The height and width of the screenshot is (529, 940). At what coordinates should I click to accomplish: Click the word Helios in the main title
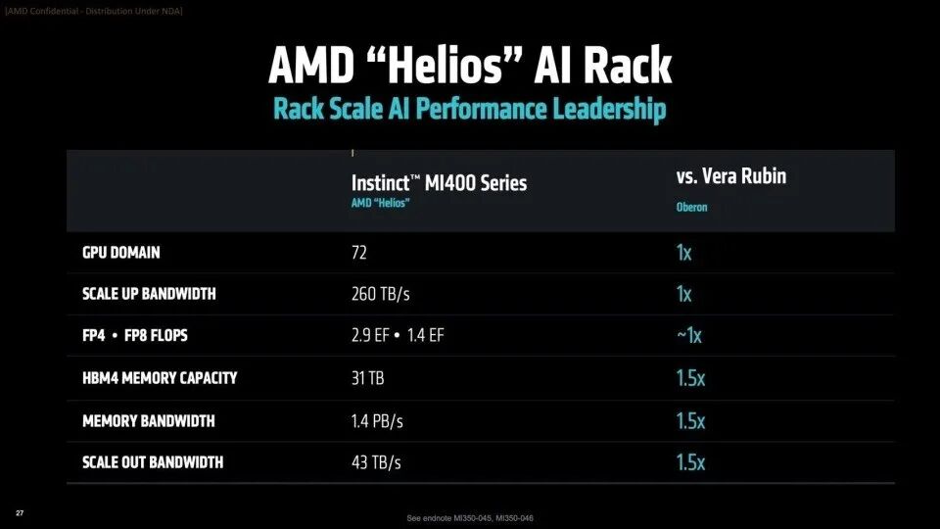click(467, 66)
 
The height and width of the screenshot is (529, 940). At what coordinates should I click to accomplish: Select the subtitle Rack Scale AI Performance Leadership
click(469, 109)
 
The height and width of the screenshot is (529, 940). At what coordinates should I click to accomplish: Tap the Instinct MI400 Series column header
click(439, 182)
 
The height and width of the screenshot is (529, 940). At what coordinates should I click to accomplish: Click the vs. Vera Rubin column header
click(730, 176)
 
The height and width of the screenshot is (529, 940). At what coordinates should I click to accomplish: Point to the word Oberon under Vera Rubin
click(693, 207)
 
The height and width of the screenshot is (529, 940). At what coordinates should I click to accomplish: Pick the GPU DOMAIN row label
click(121, 253)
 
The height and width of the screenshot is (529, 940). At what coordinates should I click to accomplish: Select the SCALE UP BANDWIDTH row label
click(150, 294)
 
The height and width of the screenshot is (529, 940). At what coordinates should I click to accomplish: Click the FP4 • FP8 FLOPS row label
click(135, 336)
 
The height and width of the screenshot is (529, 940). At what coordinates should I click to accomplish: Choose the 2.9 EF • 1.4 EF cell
click(398, 336)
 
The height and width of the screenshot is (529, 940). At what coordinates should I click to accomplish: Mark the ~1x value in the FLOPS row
click(688, 335)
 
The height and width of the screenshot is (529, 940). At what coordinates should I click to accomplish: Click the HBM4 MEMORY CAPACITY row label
click(160, 378)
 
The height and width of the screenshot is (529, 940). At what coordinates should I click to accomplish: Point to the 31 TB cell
click(368, 378)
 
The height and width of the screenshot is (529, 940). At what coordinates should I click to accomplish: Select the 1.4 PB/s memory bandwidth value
click(377, 421)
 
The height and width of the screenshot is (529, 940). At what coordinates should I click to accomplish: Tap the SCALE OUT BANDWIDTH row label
click(153, 462)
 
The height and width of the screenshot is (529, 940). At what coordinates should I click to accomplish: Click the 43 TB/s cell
click(376, 462)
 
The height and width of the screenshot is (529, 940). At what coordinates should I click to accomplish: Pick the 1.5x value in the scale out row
click(690, 462)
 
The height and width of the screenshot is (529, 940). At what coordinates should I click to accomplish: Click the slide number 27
click(20, 513)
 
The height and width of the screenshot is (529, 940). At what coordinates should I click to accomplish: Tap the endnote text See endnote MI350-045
click(469, 517)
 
